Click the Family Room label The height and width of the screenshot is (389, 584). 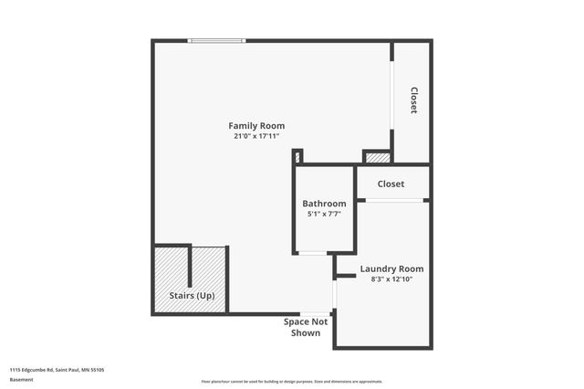[256, 126]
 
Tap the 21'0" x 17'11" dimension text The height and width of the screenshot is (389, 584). [256, 136]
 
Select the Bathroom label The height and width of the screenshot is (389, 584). [324, 204]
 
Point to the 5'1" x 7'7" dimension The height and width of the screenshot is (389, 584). [324, 214]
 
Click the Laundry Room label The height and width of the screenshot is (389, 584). [391, 268]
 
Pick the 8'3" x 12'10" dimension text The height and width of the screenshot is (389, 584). [391, 279]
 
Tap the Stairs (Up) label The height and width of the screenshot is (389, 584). [192, 296]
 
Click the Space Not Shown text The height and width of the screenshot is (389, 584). [306, 327]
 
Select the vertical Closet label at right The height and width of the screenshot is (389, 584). [413, 100]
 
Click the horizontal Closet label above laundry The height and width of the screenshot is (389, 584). [391, 184]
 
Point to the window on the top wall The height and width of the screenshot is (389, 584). [216, 40]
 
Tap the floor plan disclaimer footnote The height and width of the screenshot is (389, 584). [291, 381]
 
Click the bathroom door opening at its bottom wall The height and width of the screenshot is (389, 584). [313, 253]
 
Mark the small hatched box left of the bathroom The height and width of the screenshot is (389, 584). [297, 156]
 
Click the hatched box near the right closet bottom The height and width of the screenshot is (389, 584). [375, 156]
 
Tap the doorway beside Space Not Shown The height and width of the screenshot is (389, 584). [335, 294]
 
